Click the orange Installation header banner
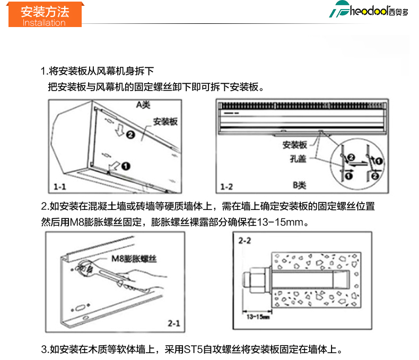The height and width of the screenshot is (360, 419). coord(45,14)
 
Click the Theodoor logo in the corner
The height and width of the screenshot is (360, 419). coord(369,10)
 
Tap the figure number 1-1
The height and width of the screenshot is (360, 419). coord(59,187)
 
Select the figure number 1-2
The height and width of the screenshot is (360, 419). coord(226,187)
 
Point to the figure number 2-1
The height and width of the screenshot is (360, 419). coord(174,323)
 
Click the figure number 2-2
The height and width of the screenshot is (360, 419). coord(245,241)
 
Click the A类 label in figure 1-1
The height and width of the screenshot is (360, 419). coord(143,104)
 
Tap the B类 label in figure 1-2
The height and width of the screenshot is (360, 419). coord(299,185)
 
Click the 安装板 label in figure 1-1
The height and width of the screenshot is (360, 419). coord(165,121)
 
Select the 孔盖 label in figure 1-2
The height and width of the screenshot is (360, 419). coord(298,159)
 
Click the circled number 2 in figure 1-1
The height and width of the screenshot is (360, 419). coord(130,135)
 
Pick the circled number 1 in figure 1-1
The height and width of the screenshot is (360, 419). coord(126,166)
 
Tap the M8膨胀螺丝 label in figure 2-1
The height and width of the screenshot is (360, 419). coord(134,259)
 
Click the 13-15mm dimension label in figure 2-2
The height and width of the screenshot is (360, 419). coord(258,317)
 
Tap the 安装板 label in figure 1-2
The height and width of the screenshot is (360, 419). coord(295,145)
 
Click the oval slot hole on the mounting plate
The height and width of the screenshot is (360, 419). coord(80,308)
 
